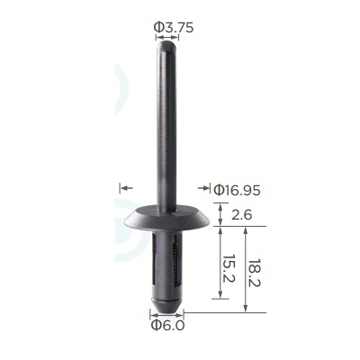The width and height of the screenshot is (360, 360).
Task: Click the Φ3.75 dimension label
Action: coord(174,28)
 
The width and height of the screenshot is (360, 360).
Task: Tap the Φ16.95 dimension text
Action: coord(237,190)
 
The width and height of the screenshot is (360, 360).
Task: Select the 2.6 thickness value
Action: coord(241,215)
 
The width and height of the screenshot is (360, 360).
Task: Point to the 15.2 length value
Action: coord(230,268)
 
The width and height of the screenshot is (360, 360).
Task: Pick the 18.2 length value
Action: coord(255,274)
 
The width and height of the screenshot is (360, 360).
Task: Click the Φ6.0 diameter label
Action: coord(167,325)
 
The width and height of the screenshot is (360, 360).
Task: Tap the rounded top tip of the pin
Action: coord(166,45)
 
